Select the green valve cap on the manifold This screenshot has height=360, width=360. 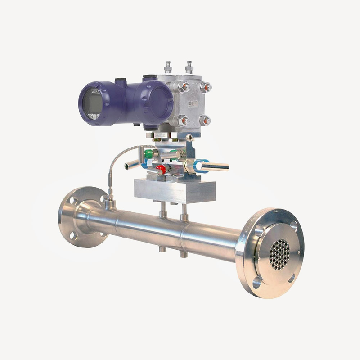pyautogui.click(x=149, y=154)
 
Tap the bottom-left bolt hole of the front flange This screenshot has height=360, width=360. pyautogui.click(x=257, y=283)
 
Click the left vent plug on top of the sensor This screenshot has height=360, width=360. pyautogui.click(x=168, y=67)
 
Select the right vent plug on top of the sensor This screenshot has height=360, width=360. pyautogui.click(x=189, y=67)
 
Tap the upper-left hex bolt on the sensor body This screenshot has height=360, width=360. pyautogui.click(x=183, y=86)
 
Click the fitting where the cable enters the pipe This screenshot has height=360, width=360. pyautogui.click(x=109, y=201)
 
